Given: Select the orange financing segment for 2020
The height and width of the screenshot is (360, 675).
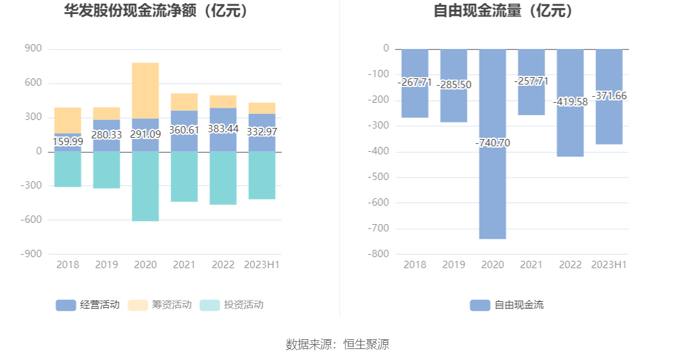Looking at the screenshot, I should [145, 91].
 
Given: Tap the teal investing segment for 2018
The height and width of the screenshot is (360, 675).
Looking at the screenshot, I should [67, 169].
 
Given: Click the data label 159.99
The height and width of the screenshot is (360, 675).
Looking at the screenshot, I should [67, 141].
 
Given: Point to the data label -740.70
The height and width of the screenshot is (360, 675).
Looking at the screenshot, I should [492, 143].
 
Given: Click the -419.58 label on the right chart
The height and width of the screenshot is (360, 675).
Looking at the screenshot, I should [570, 102].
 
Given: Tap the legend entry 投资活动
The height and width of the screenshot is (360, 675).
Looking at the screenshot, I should [232, 305].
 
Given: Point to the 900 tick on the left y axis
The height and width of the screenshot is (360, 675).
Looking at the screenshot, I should [34, 48].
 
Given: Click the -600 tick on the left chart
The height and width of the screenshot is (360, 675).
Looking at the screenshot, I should [32, 220].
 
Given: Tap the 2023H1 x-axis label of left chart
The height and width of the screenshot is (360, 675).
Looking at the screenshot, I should [262, 264].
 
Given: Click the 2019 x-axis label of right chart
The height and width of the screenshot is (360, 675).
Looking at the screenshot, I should [454, 264].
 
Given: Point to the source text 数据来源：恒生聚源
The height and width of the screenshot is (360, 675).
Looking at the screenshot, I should [337, 344].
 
